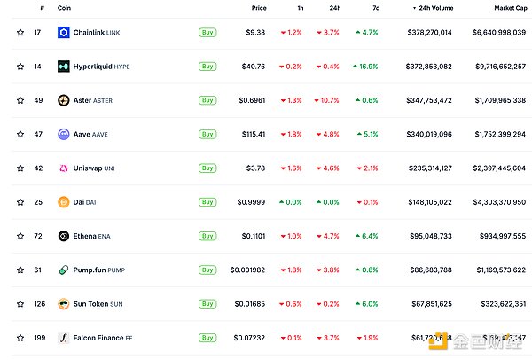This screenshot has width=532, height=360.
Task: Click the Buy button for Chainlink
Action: (x=207, y=32)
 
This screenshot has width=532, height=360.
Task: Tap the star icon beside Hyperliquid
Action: (x=20, y=67)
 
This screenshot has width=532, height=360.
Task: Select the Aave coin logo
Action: (x=64, y=134)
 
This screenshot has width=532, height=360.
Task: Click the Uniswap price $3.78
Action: (x=256, y=168)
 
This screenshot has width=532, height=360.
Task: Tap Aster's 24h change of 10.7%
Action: (x=327, y=100)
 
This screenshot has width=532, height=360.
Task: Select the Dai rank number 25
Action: (x=38, y=201)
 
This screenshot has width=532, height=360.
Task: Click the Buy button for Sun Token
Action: (x=207, y=303)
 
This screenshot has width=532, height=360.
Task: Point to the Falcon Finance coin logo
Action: (x=64, y=337)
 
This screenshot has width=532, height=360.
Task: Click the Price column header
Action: (x=258, y=7)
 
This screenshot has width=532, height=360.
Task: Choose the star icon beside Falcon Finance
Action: (x=20, y=337)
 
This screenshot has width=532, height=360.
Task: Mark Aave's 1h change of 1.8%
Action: (x=290, y=134)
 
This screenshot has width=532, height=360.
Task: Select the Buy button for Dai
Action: (x=207, y=202)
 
